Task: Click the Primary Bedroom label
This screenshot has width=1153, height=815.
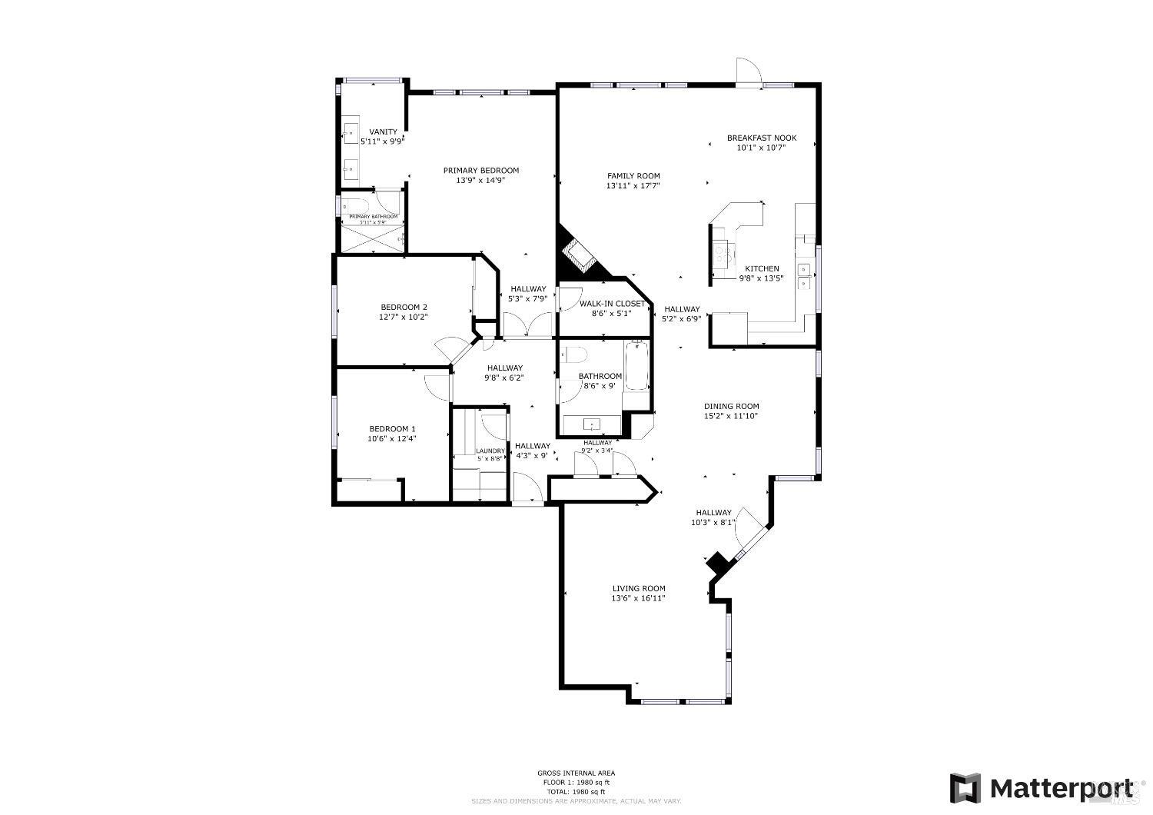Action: tap(481, 171)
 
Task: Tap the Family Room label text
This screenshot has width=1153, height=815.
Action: tap(633, 176)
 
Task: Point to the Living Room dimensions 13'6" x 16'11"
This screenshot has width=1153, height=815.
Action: tap(638, 598)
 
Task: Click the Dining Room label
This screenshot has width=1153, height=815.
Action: tap(732, 407)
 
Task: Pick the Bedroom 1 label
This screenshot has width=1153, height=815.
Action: tap(392, 429)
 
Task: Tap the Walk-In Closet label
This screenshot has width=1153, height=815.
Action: tap(612, 304)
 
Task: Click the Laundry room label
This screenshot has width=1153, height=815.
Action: tap(490, 451)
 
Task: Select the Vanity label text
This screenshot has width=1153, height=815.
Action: tap(383, 132)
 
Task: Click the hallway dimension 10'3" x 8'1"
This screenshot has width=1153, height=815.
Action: tap(713, 523)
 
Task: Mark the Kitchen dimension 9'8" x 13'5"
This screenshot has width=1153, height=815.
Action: tap(761, 278)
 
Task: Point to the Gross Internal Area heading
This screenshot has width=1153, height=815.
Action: tap(576, 773)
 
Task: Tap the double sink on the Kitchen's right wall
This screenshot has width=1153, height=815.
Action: tap(804, 276)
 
